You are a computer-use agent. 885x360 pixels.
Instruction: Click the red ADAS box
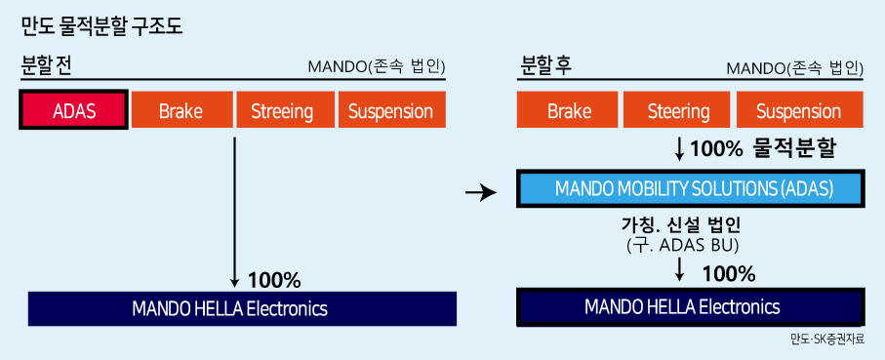pyautogui.click(x=73, y=110)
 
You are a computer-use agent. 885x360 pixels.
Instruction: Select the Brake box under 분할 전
pyautogui.click(x=181, y=110)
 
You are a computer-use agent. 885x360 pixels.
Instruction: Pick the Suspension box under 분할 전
pyautogui.click(x=391, y=110)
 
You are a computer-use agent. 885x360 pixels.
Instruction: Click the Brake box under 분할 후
pyautogui.click(x=568, y=110)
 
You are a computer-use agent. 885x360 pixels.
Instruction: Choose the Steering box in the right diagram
pyautogui.click(x=677, y=110)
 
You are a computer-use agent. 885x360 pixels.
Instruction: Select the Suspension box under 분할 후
pyautogui.click(x=799, y=110)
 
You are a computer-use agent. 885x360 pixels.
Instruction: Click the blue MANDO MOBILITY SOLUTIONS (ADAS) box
pyautogui.click(x=690, y=189)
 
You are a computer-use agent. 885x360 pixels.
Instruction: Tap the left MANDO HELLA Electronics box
pyautogui.click(x=242, y=308)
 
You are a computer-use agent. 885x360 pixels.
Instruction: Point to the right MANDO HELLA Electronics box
pyautogui.click(x=690, y=307)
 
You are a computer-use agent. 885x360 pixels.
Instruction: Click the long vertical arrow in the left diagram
pyautogui.click(x=233, y=212)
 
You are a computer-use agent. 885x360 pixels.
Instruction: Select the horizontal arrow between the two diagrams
pyautogui.click(x=481, y=193)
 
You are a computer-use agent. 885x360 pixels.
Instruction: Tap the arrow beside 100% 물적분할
pyautogui.click(x=679, y=149)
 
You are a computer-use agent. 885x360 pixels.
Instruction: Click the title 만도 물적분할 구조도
pyautogui.click(x=101, y=27)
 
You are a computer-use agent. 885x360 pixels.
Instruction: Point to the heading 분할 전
pyautogui.click(x=45, y=67)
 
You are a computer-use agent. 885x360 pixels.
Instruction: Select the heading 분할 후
pyautogui.click(x=544, y=67)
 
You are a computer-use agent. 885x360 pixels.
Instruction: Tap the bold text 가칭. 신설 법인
pyautogui.click(x=681, y=226)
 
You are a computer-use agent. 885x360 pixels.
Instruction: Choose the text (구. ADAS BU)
pyautogui.click(x=682, y=246)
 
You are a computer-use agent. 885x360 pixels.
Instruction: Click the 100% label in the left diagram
pyautogui.click(x=274, y=279)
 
